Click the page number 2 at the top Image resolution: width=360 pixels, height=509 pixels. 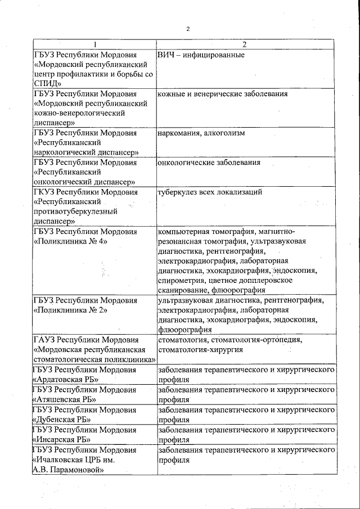pyautogui.click(x=188, y=29)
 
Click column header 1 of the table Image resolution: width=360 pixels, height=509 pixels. pyautogui.click(x=94, y=45)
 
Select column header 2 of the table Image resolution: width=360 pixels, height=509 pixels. pyautogui.click(x=244, y=45)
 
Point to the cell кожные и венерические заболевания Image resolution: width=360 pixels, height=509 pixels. pyautogui.click(x=222, y=94)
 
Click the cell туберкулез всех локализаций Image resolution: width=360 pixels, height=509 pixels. pyautogui.click(x=210, y=192)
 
